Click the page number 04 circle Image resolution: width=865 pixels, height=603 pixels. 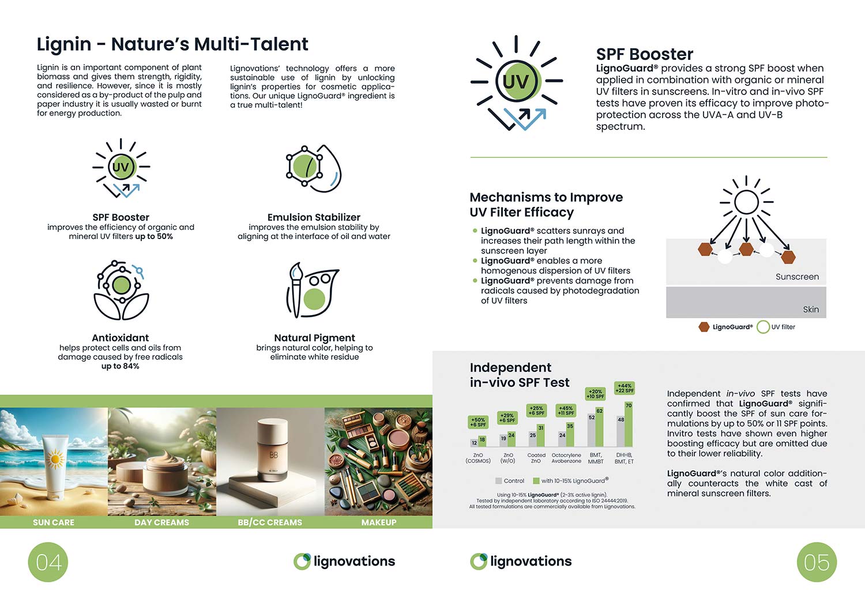tap(48, 562)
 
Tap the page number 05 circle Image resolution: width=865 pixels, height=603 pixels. tap(817, 562)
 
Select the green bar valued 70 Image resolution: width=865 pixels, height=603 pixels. tap(629, 424)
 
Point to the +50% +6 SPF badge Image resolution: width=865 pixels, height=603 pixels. tap(478, 422)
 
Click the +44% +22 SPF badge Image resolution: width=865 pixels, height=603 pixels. tap(625, 388)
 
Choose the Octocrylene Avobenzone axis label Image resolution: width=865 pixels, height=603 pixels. tap(566, 458)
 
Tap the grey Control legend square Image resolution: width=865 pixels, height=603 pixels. tap(499, 481)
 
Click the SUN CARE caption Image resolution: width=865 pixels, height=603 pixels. tap(53, 522)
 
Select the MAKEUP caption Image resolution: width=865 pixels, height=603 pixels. tap(379, 522)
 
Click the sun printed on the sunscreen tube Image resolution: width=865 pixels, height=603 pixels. tap(55, 459)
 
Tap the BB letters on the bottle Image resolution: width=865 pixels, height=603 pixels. tap(273, 455)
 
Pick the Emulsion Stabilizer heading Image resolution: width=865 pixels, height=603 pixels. tap(314, 217)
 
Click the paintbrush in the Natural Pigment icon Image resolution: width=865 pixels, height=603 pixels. tap(296, 289)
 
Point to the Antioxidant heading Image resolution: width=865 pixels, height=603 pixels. tap(120, 337)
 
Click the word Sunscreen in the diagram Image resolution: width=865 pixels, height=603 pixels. tap(797, 277)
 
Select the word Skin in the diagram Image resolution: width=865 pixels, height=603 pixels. tap(811, 310)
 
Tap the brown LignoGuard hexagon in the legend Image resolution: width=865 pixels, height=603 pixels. tap(704, 327)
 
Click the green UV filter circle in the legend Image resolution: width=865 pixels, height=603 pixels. tap(763, 327)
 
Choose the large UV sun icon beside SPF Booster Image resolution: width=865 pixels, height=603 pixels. tap(517, 82)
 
